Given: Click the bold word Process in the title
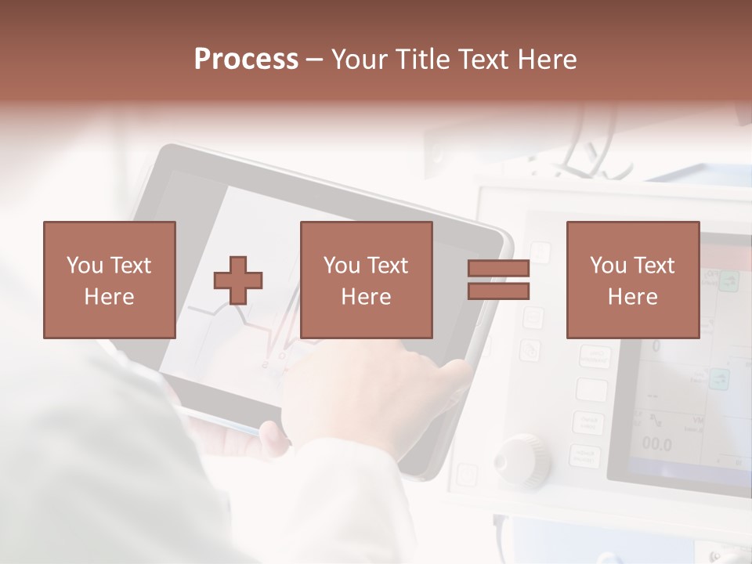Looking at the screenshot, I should click(x=246, y=60).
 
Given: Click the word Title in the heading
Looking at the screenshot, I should click(x=423, y=60).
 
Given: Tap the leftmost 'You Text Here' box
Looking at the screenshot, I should click(x=110, y=280).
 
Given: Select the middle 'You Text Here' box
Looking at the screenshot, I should click(x=367, y=280).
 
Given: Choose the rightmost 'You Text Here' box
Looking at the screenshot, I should click(x=633, y=280).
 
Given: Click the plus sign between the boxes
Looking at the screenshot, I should click(x=238, y=280).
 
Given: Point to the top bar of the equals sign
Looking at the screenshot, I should click(x=499, y=268).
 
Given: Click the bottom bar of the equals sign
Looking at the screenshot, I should click(x=499, y=291).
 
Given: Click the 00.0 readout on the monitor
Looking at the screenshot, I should click(x=656, y=444).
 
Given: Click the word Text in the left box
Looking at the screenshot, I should click(x=131, y=266).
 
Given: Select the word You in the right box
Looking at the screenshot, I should click(x=608, y=266).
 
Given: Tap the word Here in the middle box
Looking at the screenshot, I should click(x=367, y=296).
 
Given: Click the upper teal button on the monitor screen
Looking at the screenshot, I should click(x=728, y=280).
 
